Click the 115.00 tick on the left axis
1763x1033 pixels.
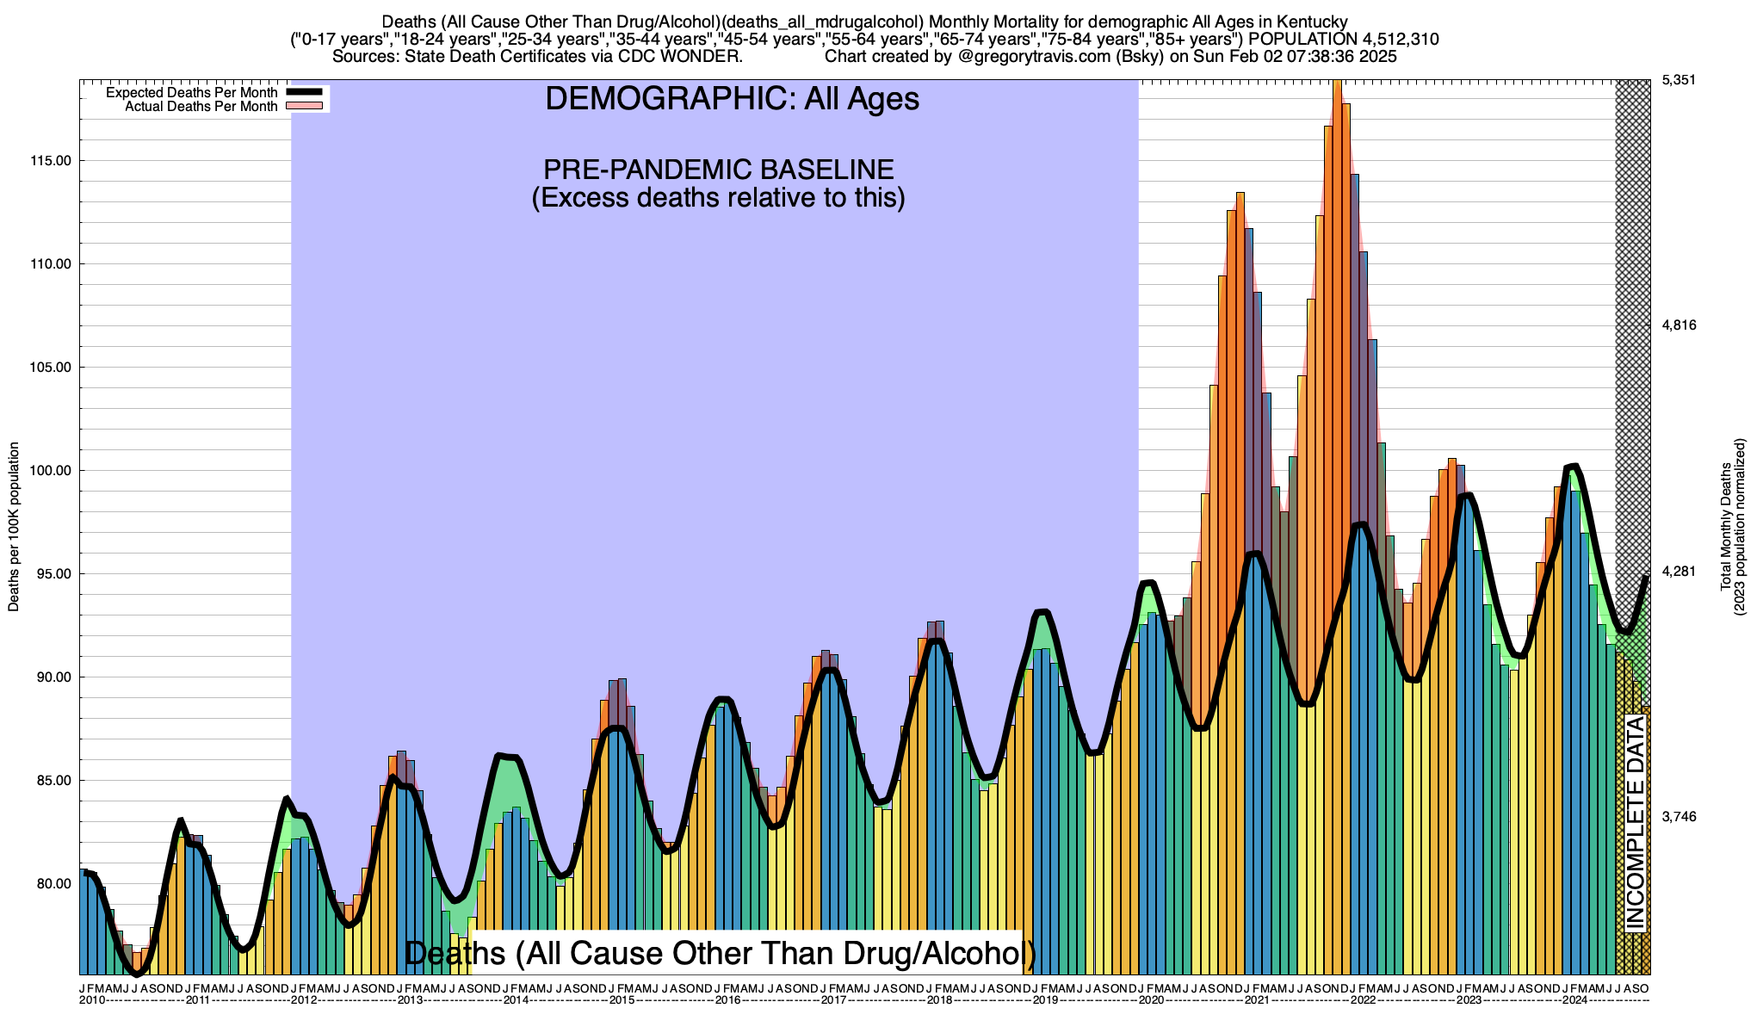click(53, 161)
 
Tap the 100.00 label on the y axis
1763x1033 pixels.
click(53, 471)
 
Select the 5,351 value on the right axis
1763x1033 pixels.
click(1678, 80)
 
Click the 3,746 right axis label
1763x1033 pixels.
click(1678, 817)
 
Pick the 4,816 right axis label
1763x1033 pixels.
click(1678, 325)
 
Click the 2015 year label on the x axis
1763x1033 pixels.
click(622, 1000)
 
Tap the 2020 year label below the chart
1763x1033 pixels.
click(1152, 1000)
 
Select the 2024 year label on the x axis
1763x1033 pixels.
click(1575, 1000)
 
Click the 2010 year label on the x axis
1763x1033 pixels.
click(92, 1000)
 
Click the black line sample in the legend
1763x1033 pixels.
click(304, 92)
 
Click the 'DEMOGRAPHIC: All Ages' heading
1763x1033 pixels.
click(732, 99)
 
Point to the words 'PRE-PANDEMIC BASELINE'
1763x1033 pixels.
click(718, 169)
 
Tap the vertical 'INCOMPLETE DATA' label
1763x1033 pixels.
click(1635, 823)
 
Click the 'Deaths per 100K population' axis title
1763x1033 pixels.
click(14, 527)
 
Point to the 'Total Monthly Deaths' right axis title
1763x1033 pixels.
click(1725, 527)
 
